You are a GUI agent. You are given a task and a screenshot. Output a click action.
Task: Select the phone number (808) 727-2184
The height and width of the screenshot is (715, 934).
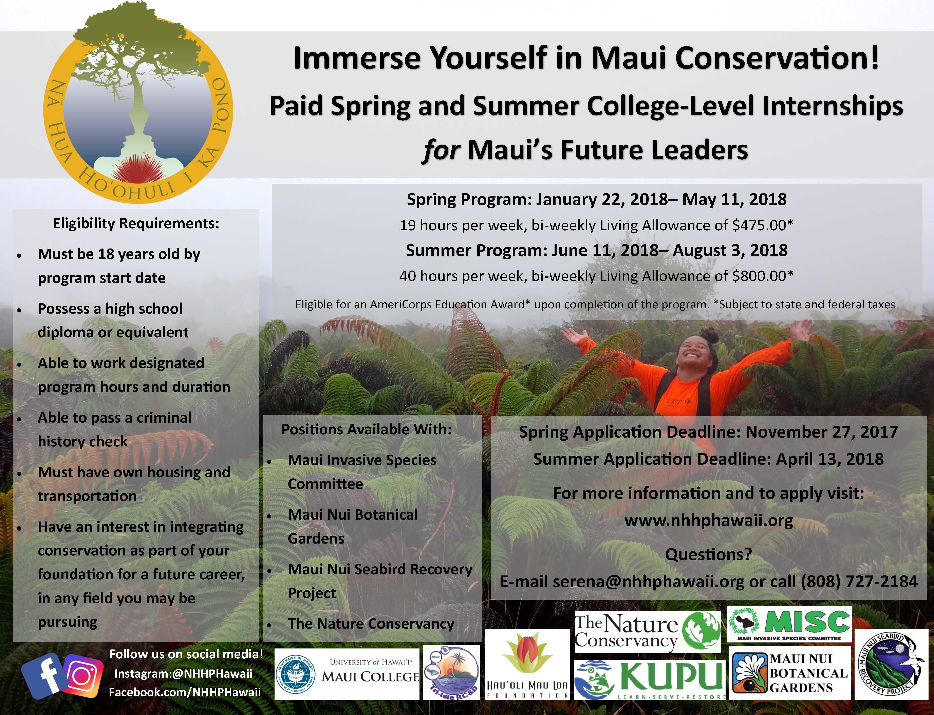pyautogui.click(x=860, y=581)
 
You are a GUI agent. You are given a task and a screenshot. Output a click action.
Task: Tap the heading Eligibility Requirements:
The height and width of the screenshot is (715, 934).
pyautogui.click(x=136, y=223)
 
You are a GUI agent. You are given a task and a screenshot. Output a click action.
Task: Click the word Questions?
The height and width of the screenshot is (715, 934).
pyautogui.click(x=708, y=554)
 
